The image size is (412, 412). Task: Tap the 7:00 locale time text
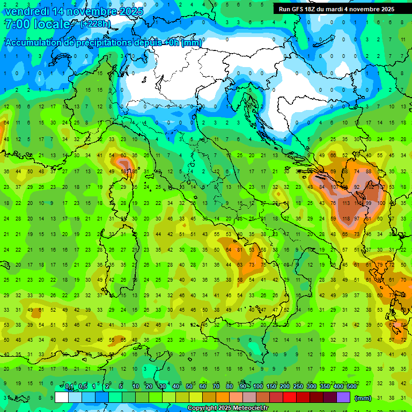tap(38, 24)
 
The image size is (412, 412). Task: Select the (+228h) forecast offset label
tap(95, 24)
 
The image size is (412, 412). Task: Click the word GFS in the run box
tap(301, 9)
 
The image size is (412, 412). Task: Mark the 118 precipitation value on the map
tap(345, 219)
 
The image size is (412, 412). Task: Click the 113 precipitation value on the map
tap(345, 204)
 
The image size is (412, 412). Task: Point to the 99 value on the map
tap(369, 204)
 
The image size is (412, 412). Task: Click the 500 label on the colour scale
tap(352, 387)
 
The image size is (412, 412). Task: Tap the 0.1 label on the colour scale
tap(69, 387)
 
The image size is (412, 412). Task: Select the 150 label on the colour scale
tap(271, 387)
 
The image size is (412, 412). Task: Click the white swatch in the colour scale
tap(62, 397)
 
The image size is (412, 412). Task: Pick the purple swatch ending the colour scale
tap(343, 397)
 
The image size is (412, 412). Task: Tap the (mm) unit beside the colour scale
tap(363, 398)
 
